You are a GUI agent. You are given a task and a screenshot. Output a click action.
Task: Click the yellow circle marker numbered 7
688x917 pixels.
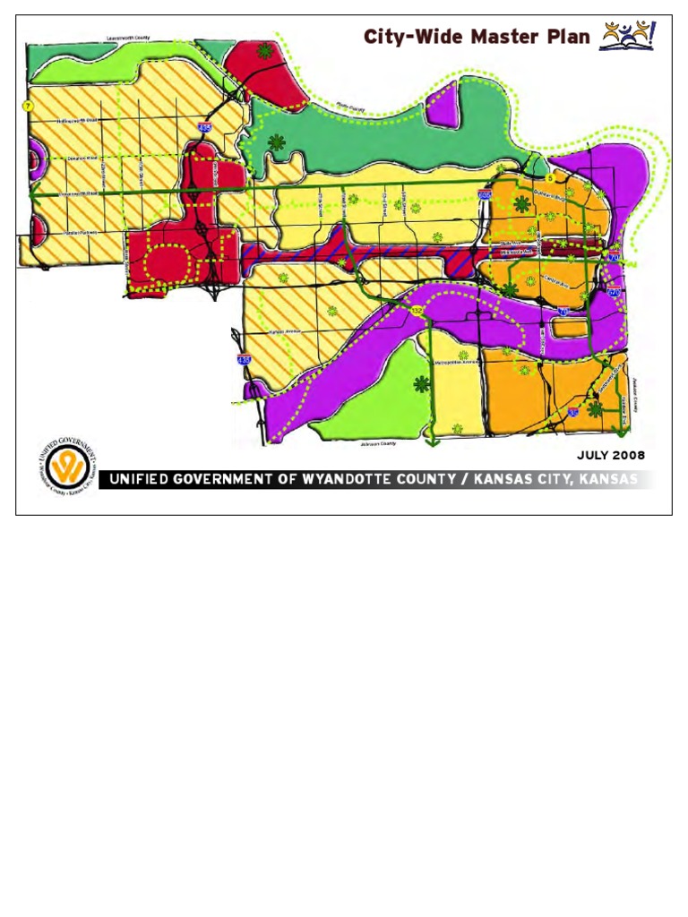(28, 107)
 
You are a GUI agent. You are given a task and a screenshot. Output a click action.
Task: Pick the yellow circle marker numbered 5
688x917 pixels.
(549, 177)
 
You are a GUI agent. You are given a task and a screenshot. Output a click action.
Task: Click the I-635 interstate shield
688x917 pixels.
(485, 194)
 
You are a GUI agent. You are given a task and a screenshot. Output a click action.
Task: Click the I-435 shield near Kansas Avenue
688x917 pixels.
(244, 359)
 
